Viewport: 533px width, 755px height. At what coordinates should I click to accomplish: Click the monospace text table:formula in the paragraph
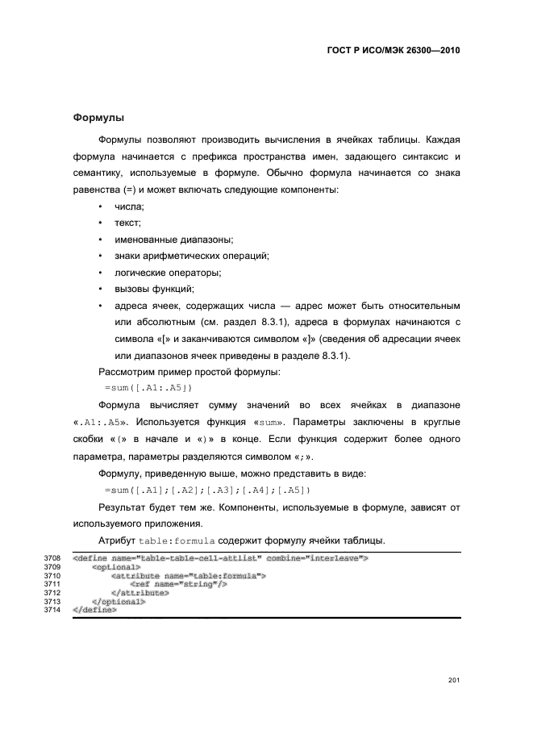tap(178, 540)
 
